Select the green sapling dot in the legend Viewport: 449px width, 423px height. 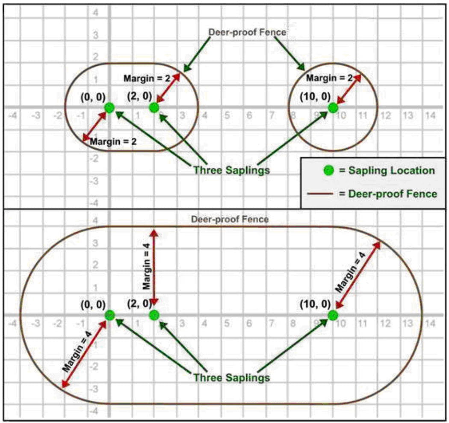point(328,170)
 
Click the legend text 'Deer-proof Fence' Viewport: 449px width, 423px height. point(393,194)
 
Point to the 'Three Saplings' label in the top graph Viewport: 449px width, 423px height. point(232,170)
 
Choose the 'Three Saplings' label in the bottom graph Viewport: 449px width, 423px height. point(232,377)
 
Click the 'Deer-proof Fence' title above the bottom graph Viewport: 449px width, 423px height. point(230,220)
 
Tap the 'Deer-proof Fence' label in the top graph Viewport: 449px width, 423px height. point(247,32)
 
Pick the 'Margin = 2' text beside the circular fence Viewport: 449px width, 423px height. point(329,78)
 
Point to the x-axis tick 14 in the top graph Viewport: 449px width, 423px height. point(430,116)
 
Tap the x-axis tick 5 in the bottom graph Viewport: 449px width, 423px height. point(227,323)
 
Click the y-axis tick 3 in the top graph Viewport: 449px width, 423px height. point(95,35)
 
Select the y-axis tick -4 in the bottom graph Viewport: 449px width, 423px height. point(94,411)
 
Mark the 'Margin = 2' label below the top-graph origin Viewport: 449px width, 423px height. point(113,141)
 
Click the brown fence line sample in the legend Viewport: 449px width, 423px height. point(320,194)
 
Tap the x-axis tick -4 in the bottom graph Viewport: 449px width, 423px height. point(12,323)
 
